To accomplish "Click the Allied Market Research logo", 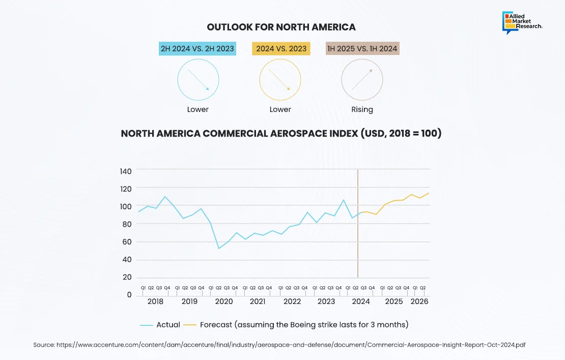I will (x=522, y=23).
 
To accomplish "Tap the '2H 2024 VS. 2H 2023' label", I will (x=197, y=49).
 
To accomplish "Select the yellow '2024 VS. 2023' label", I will (x=281, y=49).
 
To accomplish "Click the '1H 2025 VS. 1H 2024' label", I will (x=362, y=49).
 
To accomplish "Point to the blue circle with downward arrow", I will (x=198, y=80).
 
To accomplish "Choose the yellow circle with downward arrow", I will (x=280, y=80).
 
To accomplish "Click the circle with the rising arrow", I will (x=362, y=80).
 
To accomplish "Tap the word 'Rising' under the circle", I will (x=362, y=109).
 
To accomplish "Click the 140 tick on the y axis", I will (x=126, y=171).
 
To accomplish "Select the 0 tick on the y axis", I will (x=129, y=295).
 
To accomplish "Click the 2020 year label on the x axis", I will (x=224, y=301).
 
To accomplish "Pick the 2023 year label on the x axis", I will (x=326, y=301).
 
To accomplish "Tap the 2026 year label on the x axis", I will (x=419, y=301).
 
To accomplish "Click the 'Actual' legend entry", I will (x=168, y=324).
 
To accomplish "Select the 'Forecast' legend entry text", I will (x=304, y=324).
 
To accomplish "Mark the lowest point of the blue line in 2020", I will (x=219, y=248).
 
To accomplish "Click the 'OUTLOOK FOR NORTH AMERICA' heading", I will (x=281, y=27).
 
